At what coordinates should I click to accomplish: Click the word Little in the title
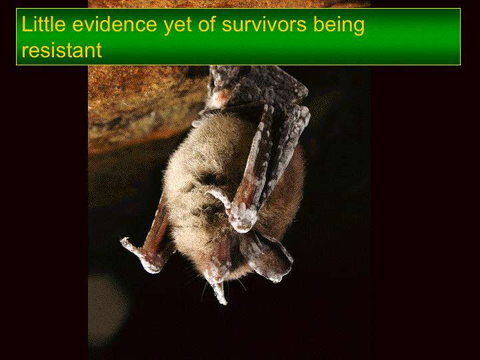point(43,25)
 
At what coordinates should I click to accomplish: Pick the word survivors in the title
point(264,25)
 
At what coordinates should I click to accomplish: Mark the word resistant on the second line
point(61,50)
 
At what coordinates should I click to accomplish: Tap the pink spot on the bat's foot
point(221,97)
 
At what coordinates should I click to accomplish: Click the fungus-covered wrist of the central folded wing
point(243,218)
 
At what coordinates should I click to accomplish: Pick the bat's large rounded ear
point(269,257)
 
